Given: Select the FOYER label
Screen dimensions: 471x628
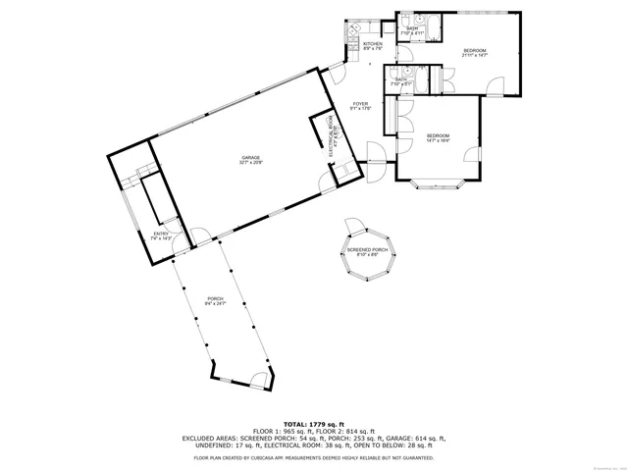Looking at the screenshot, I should click(x=361, y=106).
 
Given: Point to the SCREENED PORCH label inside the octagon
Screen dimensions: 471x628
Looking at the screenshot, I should click(x=367, y=252).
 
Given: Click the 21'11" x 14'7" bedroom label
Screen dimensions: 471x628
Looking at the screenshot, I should click(x=475, y=52).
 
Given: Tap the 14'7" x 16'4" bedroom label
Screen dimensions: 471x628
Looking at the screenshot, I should click(x=438, y=137).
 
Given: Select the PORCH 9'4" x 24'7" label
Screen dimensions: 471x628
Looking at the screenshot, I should click(x=215, y=301).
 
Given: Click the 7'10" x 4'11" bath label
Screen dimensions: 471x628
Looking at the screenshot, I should click(x=412, y=31).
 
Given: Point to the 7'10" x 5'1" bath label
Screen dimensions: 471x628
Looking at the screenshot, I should click(x=400, y=82).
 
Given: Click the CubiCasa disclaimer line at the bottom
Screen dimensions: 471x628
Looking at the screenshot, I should click(x=313, y=457).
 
